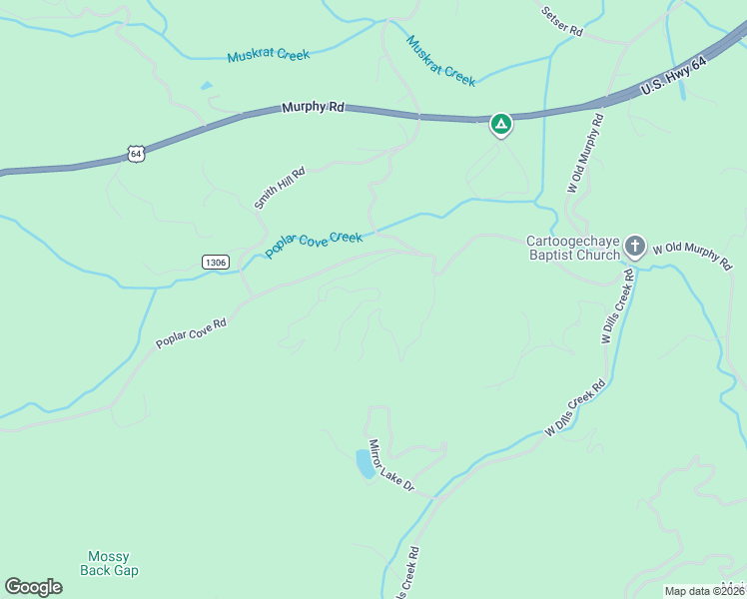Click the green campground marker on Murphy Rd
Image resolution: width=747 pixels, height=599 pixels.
[501, 125]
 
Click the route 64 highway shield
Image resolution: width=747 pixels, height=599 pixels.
[137, 153]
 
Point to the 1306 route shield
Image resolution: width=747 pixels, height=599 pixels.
[215, 262]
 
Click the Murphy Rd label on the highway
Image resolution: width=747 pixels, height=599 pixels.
[313, 106]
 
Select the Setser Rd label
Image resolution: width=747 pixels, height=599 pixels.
[561, 22]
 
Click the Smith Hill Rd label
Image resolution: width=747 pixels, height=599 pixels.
[279, 188]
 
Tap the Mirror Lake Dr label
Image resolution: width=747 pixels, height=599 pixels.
[390, 469]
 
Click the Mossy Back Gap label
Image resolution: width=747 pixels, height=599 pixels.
[109, 564]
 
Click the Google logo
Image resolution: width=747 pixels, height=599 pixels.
[33, 587]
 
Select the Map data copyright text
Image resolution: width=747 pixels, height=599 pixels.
[705, 591]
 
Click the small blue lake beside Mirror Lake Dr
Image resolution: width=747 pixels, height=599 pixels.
[366, 463]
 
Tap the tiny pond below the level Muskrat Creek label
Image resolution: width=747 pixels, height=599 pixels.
[207, 86]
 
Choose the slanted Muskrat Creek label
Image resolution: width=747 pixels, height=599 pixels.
[440, 60]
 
